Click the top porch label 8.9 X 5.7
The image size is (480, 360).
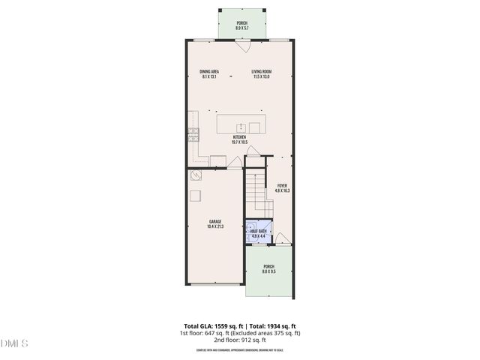tap(241, 25)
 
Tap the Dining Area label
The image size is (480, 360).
tap(208, 74)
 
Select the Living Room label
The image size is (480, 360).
tap(262, 74)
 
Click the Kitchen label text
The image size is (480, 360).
tap(239, 139)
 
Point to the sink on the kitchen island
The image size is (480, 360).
tap(242, 126)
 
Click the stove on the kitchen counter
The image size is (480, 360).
tap(193, 136)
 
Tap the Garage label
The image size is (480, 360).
tap(215, 223)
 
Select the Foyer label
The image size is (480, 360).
tap(282, 187)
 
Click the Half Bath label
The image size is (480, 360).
tap(259, 233)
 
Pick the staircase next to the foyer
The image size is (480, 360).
tap(256, 191)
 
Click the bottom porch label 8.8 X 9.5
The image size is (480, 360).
tap(268, 269)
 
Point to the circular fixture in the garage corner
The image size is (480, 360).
tap(196, 175)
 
